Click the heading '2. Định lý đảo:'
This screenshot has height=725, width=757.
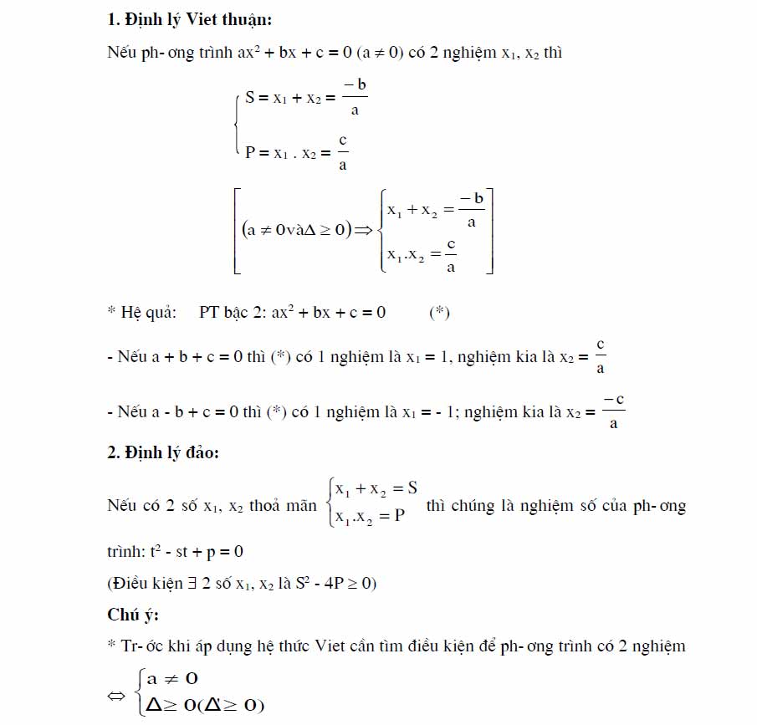tap(163, 452)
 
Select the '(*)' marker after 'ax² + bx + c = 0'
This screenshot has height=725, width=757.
tap(439, 313)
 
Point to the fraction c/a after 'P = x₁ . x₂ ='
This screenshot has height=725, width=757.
tap(343, 152)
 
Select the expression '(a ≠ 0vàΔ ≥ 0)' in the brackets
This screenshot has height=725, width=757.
tap(296, 232)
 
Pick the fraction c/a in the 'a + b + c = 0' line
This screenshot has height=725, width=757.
tap(601, 356)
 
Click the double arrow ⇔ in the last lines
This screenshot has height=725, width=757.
tap(120, 694)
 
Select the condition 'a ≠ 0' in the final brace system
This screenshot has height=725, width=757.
tap(171, 679)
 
